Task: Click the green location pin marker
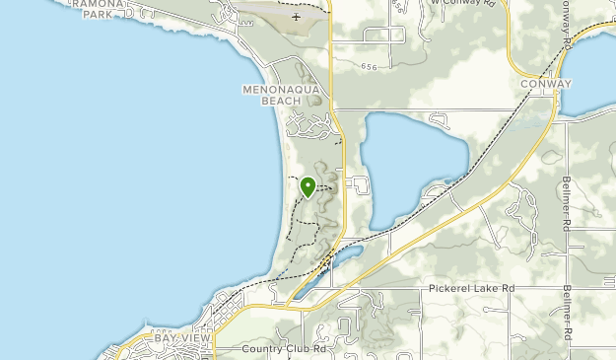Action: point(308,187)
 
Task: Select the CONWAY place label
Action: point(546,85)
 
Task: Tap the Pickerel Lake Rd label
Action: point(472,288)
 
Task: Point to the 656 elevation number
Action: point(369,67)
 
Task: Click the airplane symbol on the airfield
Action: point(296,17)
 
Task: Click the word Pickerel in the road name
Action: point(449,288)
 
